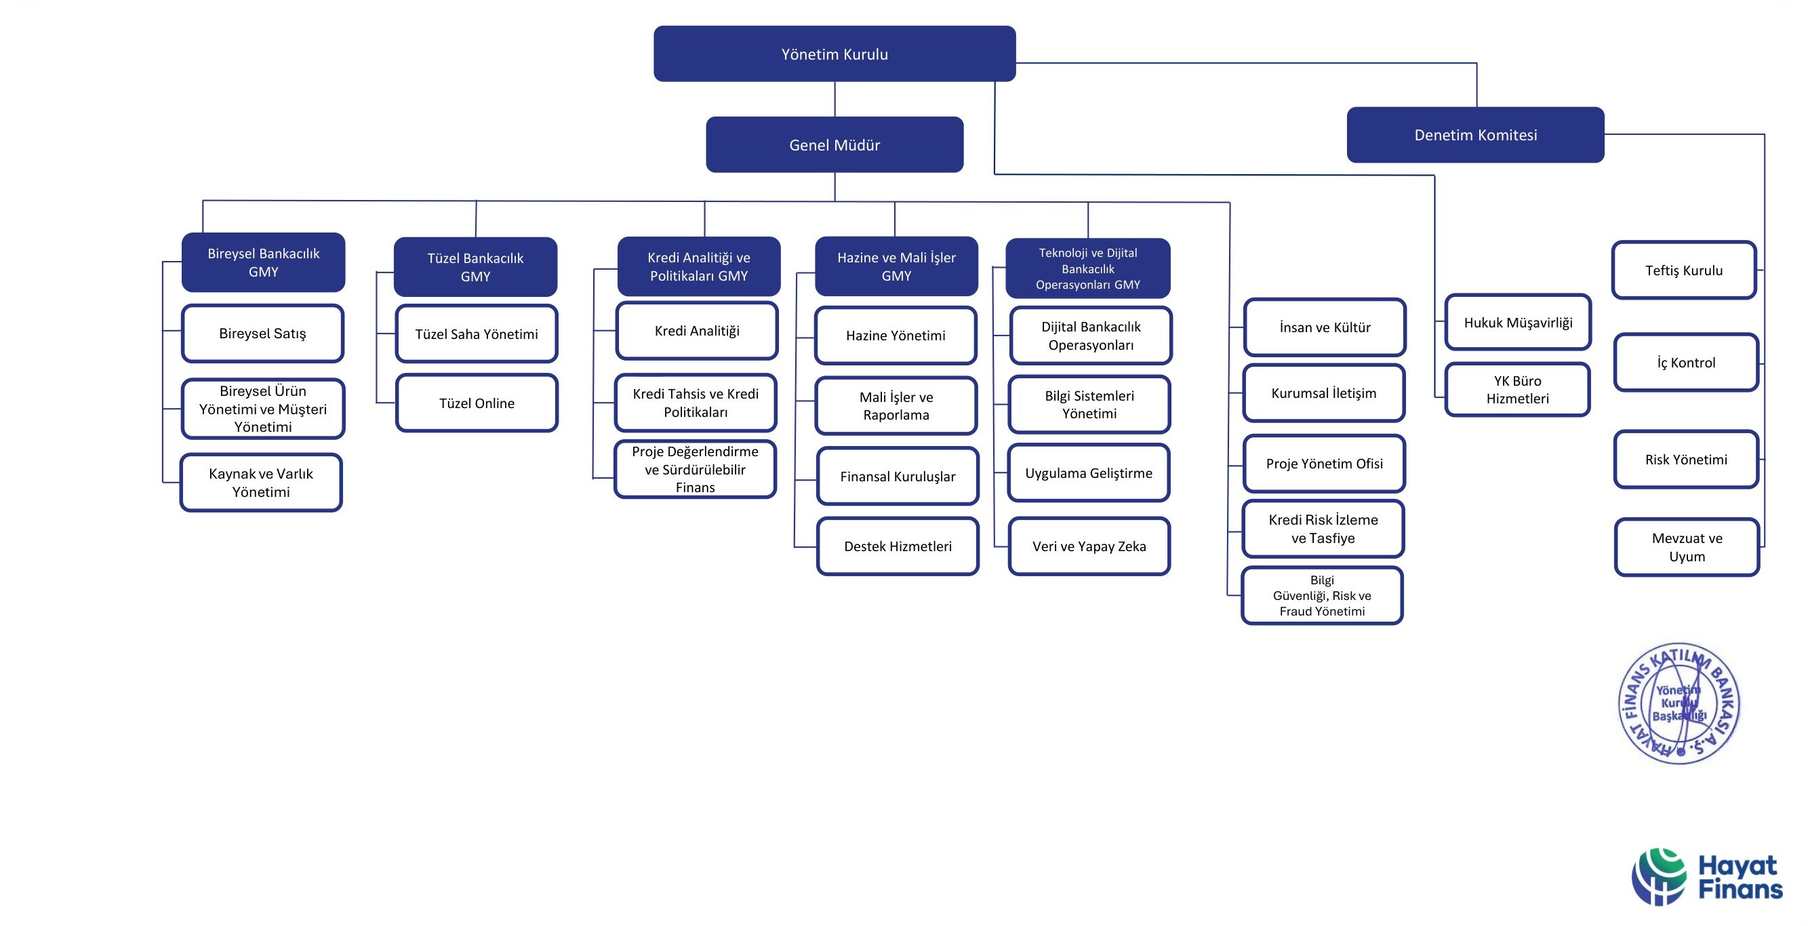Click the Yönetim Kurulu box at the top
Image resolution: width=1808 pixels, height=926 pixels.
[x=834, y=54]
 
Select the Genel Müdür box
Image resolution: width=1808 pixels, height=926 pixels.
[x=834, y=144]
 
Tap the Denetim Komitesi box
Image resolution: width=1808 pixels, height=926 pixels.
[x=1474, y=135]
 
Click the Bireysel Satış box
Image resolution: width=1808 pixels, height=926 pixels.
[x=262, y=334]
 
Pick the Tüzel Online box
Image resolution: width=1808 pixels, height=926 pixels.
[x=477, y=403]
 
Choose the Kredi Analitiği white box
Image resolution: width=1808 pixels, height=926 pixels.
[x=696, y=331]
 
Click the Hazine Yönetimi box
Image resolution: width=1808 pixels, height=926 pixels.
[x=895, y=336]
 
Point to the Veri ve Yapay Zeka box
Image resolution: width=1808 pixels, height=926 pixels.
[x=1089, y=546]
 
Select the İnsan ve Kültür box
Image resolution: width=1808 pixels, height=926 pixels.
[x=1325, y=327]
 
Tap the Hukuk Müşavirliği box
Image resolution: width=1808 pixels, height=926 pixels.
[x=1517, y=322]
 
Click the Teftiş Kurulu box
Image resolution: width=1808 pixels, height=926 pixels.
[x=1683, y=270]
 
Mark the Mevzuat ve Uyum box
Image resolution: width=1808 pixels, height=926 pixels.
[x=1686, y=547]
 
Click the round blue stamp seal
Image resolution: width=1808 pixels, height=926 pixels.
[x=1678, y=703]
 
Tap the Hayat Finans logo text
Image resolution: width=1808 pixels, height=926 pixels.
[x=1740, y=877]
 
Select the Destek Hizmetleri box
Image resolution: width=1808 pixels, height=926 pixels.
[x=897, y=546]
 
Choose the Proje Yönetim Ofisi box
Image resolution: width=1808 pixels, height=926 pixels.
[x=1324, y=464]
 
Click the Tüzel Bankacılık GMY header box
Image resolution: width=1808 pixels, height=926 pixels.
[x=475, y=267]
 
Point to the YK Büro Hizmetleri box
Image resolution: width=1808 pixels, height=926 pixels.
[x=1516, y=390]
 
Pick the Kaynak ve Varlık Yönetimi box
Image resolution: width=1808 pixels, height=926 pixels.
[x=261, y=482]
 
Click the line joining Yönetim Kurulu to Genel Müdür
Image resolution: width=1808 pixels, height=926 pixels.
[x=835, y=99]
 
